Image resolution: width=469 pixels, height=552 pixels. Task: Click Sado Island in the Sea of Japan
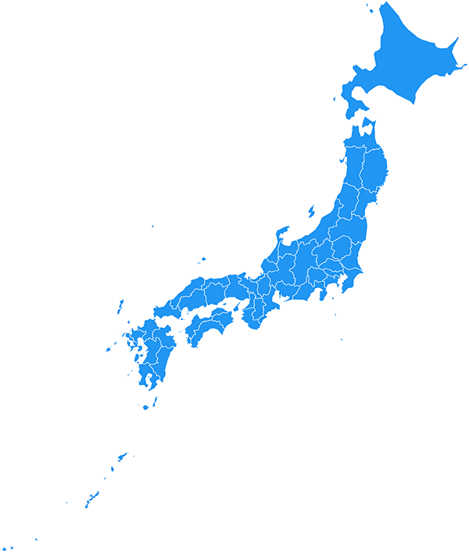coord(310,211)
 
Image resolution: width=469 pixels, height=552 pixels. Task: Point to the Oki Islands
coord(202,260)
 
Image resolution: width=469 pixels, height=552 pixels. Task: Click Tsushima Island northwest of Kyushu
coord(120,307)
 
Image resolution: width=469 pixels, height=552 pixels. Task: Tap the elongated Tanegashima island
coord(155,402)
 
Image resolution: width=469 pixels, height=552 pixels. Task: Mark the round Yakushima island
coord(145,407)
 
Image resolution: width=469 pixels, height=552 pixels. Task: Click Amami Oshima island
coord(122,456)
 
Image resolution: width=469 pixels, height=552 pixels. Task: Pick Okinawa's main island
coord(91,498)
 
